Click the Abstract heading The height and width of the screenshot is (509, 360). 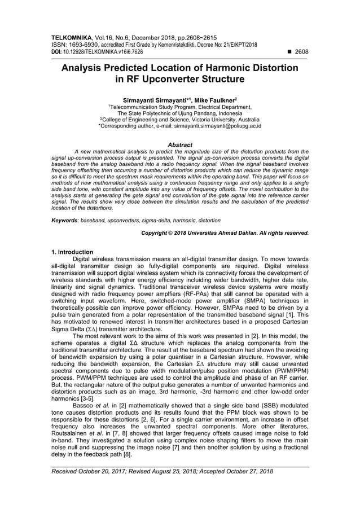[180, 145]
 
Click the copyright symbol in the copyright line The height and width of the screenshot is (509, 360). [173, 232]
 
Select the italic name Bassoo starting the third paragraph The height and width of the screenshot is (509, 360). [84, 406]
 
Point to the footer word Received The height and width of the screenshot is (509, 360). [66, 471]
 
